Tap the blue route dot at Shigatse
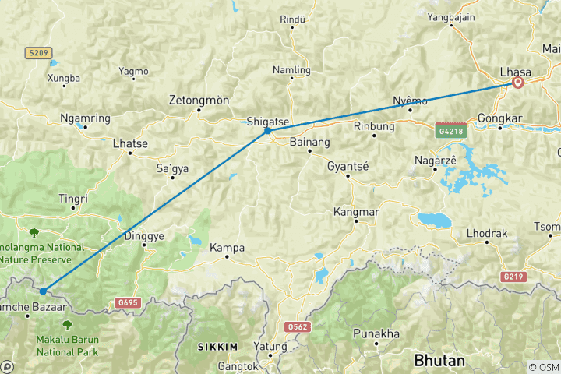(267, 131)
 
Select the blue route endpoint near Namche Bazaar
(43, 291)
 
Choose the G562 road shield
(298, 327)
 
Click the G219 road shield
(513, 277)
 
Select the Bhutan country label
(439, 361)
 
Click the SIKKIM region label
(217, 345)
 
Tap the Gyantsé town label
(348, 167)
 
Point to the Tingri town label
(73, 199)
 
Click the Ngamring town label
(85, 118)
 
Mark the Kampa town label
(228, 248)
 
